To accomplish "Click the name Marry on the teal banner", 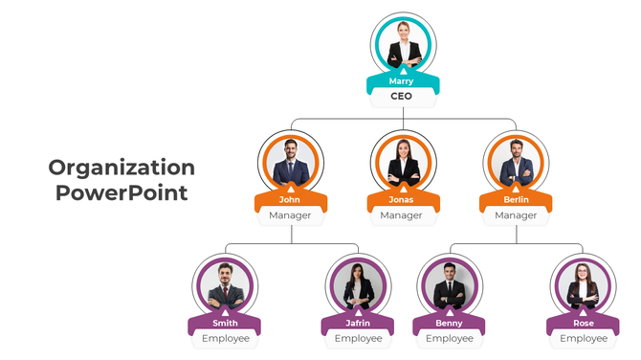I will (x=402, y=81).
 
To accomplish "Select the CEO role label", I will (x=402, y=97).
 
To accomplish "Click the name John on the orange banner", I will (x=290, y=200).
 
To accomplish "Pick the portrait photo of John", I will (x=290, y=162).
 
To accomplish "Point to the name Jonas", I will (x=402, y=200).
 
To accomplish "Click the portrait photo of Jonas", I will (x=403, y=162).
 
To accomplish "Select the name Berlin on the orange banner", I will (x=516, y=200).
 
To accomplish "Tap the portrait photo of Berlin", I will (x=516, y=162).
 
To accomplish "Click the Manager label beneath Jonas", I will (x=402, y=215).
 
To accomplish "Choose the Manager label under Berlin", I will (x=516, y=215).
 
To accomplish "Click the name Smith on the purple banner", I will (x=225, y=323).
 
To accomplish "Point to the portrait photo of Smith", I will (x=225, y=284).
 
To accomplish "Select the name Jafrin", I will (x=359, y=323).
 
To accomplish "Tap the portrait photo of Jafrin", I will (x=359, y=284).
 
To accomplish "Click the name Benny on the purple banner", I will (x=449, y=323).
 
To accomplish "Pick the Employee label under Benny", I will (x=449, y=338).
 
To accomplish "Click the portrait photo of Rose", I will (x=583, y=284).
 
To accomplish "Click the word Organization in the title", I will (x=122, y=169).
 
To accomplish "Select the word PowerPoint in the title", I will (x=122, y=192).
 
